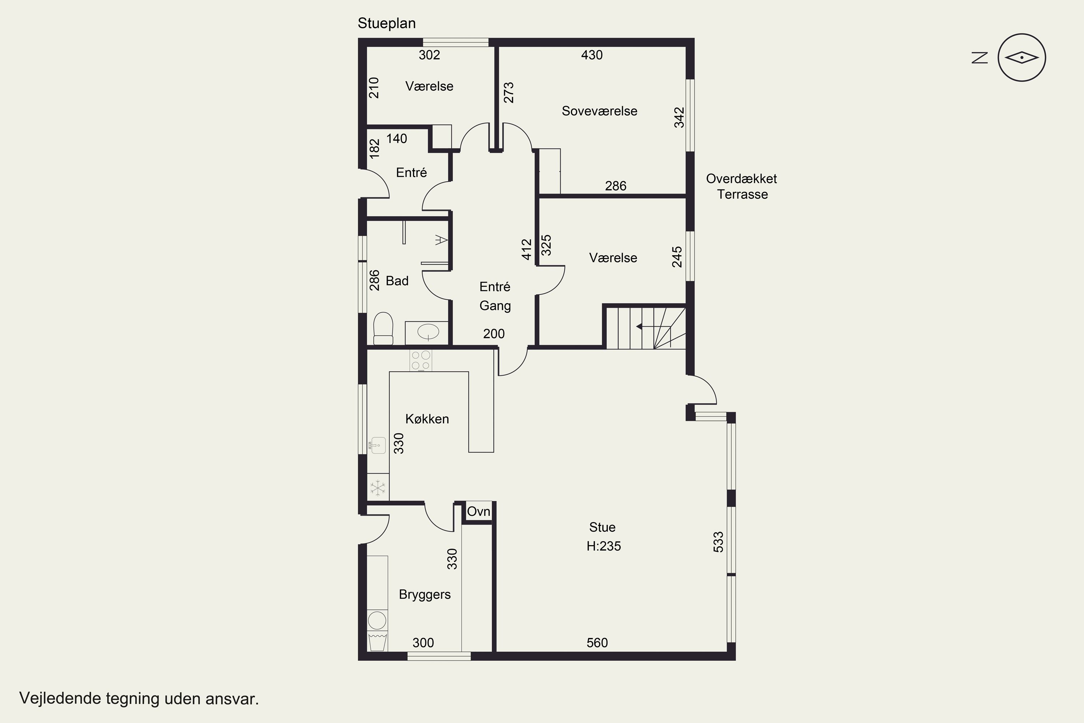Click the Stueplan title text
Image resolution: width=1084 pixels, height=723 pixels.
point(387,23)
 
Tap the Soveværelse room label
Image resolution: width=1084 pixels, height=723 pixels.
point(599,111)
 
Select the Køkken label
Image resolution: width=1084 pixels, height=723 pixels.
point(427,419)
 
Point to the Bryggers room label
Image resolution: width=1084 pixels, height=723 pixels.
point(425,595)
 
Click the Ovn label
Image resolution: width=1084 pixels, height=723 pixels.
point(478,512)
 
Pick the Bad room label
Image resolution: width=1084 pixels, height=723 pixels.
point(397,281)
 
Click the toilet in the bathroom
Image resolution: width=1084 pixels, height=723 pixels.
point(383,328)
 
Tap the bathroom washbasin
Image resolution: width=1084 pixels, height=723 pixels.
point(428,332)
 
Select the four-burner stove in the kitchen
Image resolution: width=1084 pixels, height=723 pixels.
point(421,360)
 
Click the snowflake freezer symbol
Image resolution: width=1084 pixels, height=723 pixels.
point(378,488)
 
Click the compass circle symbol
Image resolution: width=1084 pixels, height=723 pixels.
point(1021,57)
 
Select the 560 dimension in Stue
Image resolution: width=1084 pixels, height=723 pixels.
point(597,643)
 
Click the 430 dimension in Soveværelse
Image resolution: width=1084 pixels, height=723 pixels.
point(592,55)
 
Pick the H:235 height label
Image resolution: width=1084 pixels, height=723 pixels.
point(603,546)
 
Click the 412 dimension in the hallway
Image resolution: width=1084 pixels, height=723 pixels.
point(527,249)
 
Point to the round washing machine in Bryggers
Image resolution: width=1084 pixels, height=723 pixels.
point(378,621)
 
